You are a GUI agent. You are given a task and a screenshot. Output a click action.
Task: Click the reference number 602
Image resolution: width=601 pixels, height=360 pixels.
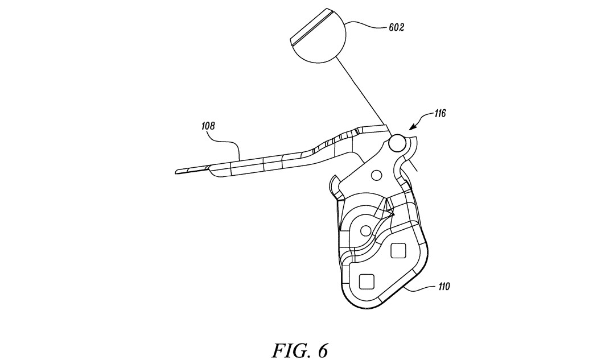[x=396, y=27]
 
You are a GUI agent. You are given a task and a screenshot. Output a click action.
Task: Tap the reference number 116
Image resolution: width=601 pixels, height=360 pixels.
[x=440, y=113]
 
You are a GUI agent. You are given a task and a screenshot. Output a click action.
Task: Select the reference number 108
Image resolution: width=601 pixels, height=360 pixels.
[x=208, y=126]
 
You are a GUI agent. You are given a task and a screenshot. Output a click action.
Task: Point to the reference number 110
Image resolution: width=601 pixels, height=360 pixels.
[x=443, y=287]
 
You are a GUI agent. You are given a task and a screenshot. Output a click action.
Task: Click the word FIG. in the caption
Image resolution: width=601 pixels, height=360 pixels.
[x=290, y=350]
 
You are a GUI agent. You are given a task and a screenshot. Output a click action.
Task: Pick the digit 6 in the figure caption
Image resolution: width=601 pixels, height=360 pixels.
[x=322, y=350]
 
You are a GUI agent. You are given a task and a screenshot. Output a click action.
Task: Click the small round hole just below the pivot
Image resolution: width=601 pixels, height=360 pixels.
[x=377, y=175]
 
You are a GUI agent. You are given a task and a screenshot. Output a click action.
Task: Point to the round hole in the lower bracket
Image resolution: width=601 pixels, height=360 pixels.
[x=365, y=230]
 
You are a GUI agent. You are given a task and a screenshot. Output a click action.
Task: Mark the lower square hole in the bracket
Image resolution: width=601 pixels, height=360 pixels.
[x=366, y=282]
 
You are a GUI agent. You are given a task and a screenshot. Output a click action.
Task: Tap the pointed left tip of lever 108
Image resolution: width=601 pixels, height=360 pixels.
[x=176, y=172]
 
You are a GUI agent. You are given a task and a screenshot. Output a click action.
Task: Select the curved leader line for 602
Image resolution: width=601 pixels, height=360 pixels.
[x=366, y=24]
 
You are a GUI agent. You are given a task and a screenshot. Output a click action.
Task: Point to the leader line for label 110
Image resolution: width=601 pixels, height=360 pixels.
[x=419, y=288]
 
